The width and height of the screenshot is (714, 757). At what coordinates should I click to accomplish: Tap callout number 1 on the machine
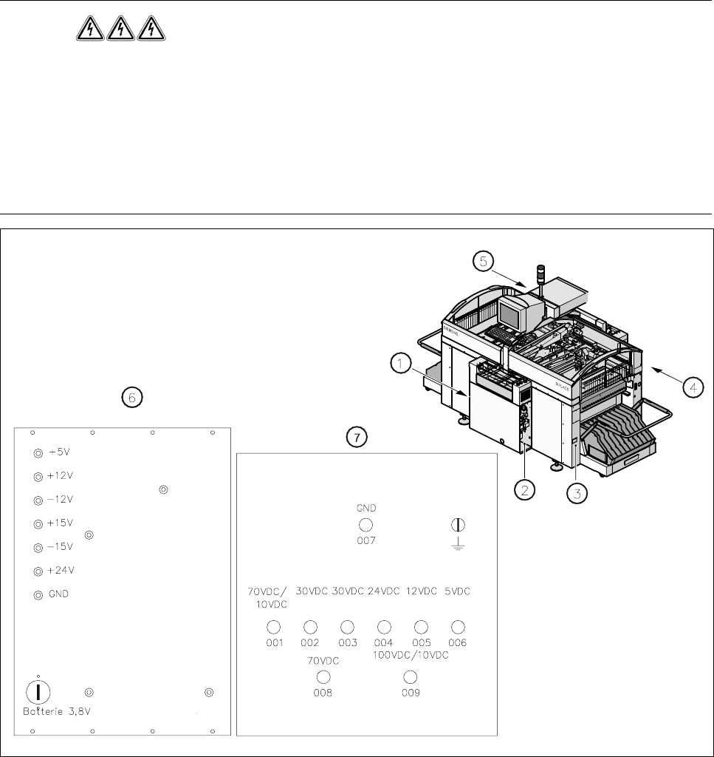pos(399,364)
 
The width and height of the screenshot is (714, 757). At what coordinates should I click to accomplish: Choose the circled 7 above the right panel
pos(357,438)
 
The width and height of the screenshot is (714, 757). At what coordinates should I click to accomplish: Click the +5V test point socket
pos(38,452)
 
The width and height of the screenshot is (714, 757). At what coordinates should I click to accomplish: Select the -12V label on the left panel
pos(60,499)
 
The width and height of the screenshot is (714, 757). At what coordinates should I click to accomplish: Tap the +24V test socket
pos(38,571)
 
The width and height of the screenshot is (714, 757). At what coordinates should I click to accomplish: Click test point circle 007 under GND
pos(365,525)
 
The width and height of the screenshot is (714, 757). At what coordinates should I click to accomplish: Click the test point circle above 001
pos(273,627)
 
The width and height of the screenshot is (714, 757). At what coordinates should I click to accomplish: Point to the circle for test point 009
pos(411,677)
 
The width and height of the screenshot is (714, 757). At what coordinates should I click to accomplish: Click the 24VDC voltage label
pos(384,591)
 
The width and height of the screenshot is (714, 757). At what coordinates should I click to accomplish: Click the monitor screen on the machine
pos(510,313)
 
